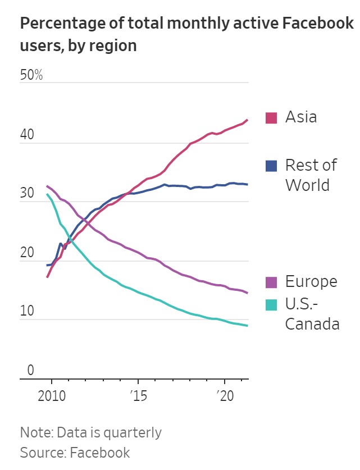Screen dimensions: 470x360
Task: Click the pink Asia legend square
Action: (271, 117)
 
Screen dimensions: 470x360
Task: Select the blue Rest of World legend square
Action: (271, 166)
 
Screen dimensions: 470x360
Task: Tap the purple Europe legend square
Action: (271, 282)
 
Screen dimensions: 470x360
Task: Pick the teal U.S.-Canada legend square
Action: (271, 305)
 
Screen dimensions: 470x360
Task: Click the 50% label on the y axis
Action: (31, 75)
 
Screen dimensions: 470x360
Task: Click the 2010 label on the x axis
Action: (52, 395)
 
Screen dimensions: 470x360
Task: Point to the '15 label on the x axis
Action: (138, 395)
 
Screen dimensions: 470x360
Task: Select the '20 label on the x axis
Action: (225, 395)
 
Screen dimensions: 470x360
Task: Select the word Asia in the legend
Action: (301, 117)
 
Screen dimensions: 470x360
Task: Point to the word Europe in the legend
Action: (311, 281)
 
